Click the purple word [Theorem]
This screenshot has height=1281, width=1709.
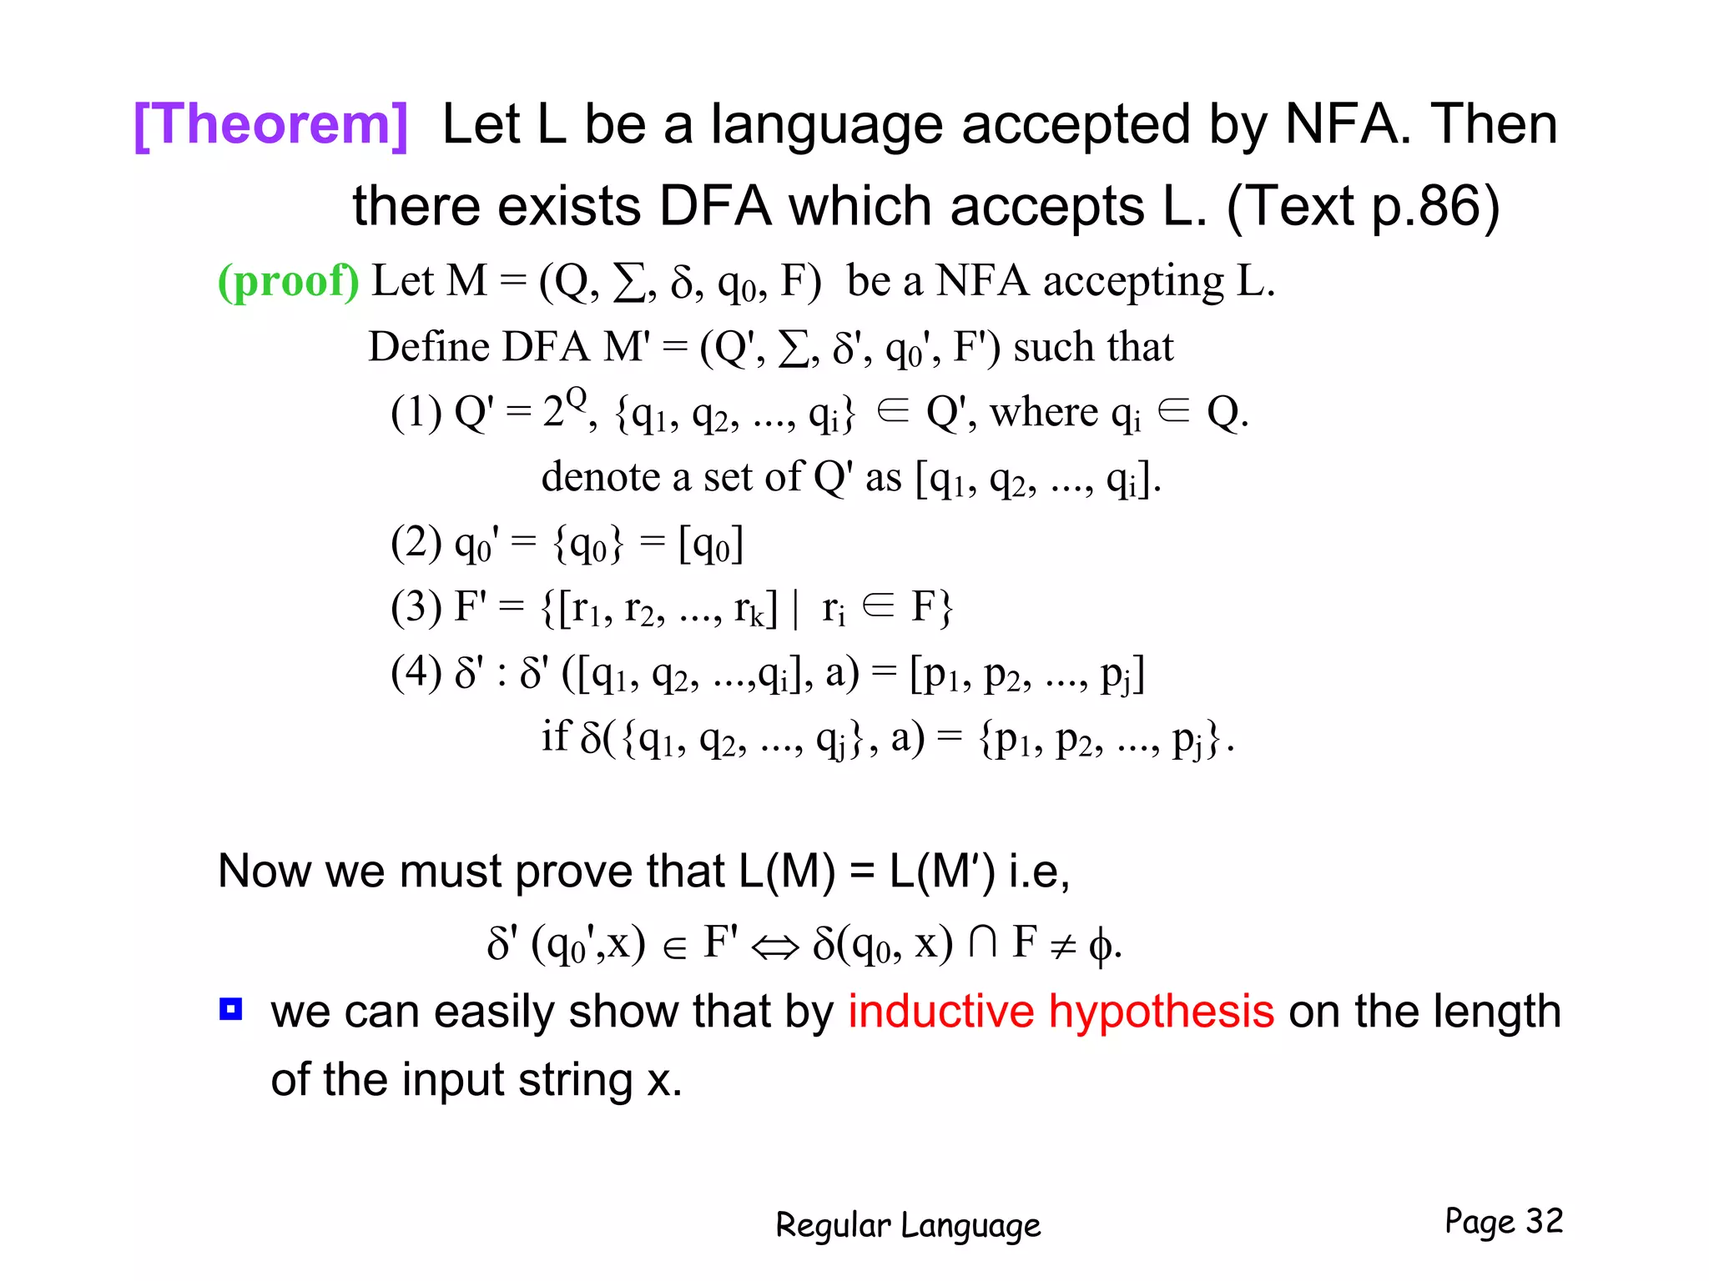pos(271,125)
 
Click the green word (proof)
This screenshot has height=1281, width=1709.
pos(288,281)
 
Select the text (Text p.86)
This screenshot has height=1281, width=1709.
pos(1363,206)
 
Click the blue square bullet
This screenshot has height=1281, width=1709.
pos(230,1009)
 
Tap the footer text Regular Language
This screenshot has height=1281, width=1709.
pos(908,1225)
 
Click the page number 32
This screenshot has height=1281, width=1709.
pos(1544,1221)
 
